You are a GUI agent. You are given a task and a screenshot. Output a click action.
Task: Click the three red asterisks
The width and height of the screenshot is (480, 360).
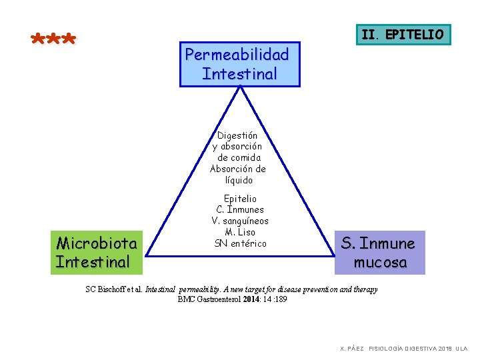point(54,39)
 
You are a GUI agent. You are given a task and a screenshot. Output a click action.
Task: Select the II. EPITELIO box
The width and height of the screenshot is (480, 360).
point(402,34)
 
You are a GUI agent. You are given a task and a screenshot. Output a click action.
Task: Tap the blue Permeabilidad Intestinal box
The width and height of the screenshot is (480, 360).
point(239,64)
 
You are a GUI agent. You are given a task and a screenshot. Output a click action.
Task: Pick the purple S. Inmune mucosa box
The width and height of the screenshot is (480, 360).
point(379,253)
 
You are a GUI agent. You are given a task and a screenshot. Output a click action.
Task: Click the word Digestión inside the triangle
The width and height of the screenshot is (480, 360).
point(237,135)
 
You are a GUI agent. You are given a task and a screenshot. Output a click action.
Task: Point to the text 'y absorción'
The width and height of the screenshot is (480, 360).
point(237,147)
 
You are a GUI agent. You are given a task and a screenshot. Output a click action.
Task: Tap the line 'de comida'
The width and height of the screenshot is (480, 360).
point(239,158)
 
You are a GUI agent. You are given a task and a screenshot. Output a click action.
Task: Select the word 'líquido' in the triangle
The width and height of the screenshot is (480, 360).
point(239,180)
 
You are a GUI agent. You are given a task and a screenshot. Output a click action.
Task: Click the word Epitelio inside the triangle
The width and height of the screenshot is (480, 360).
point(240,199)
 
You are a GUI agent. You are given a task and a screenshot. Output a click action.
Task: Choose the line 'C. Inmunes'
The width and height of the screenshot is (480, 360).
point(240,210)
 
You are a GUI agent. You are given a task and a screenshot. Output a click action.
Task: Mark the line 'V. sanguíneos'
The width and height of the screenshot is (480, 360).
point(240,221)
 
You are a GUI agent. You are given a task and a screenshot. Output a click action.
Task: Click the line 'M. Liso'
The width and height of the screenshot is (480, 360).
point(240,232)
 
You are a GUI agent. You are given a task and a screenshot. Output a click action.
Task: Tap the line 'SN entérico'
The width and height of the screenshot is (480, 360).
point(240,243)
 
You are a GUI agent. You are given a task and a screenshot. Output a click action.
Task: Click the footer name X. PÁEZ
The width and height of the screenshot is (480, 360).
point(352,349)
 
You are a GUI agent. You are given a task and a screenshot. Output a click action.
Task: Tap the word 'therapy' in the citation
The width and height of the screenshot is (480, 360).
point(362,289)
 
